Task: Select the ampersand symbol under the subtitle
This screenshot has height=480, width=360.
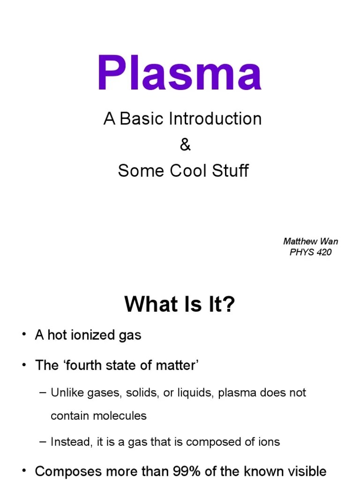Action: pos(185,145)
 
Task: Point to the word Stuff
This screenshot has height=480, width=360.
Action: pos(231,171)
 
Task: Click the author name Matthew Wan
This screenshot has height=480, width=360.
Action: pos(310,242)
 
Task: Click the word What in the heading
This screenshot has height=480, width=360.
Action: pos(146,306)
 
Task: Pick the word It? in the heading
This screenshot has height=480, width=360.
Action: pos(217,306)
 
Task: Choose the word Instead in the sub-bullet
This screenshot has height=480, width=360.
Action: pos(69,442)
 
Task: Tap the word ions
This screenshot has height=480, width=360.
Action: pos(269,442)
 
